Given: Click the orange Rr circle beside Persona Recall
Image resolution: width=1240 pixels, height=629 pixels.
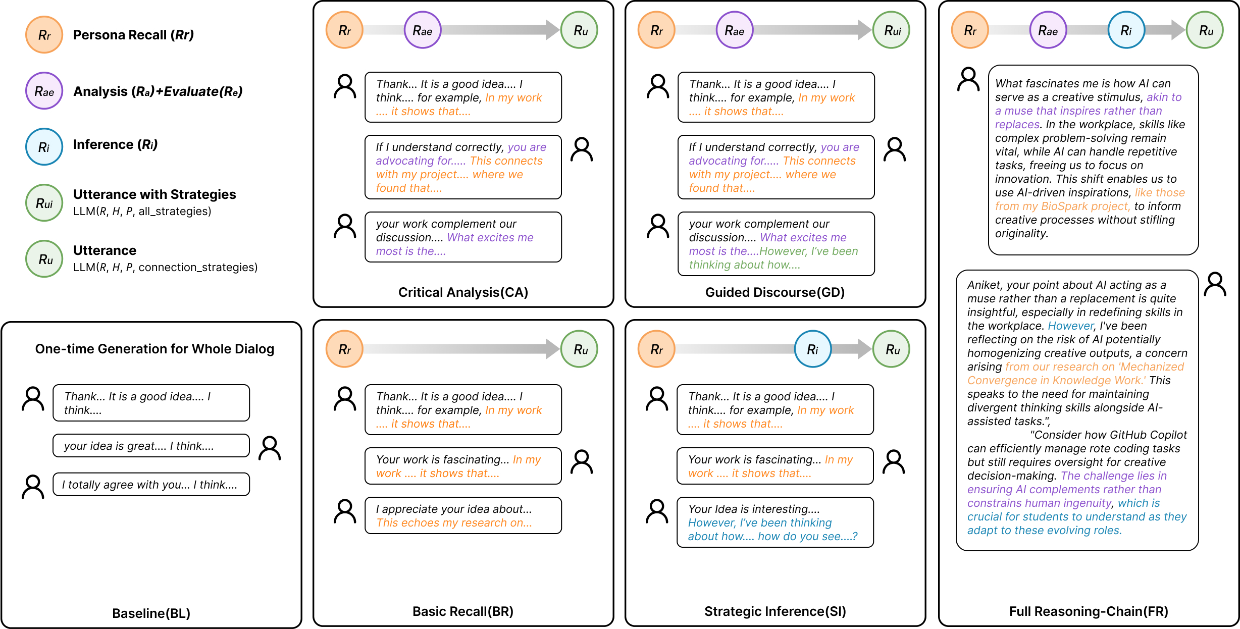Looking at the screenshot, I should [x=44, y=35].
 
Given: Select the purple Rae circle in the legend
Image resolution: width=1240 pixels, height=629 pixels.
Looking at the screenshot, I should [x=44, y=91].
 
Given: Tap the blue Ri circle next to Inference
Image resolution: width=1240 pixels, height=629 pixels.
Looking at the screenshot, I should [x=44, y=147].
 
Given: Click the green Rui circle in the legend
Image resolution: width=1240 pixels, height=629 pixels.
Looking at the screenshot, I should [x=44, y=203].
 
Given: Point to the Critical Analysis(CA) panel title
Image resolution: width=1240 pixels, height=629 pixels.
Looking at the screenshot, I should [x=463, y=292].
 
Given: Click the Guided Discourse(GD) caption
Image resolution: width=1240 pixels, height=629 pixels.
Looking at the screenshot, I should [x=775, y=292].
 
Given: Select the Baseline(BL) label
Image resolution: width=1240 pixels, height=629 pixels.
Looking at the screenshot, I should [x=151, y=613].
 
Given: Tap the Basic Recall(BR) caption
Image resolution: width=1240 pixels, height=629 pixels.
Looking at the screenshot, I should [x=463, y=611].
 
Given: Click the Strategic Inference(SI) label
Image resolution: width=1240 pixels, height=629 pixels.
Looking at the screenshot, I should [x=775, y=611].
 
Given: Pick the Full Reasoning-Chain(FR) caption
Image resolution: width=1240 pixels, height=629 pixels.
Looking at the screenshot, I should [x=1089, y=611].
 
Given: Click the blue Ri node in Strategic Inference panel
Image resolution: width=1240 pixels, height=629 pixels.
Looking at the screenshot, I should [x=813, y=349].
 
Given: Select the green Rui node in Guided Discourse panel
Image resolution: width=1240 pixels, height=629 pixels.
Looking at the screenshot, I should [x=892, y=30].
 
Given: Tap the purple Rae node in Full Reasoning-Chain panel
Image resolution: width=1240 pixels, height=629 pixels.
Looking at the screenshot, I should [x=1048, y=30].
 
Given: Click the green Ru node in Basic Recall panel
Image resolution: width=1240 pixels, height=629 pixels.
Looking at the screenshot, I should [x=580, y=349].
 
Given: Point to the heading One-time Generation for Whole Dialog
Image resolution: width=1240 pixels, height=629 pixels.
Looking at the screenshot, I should [x=154, y=349].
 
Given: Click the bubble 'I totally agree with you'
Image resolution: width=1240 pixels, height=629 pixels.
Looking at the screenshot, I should [x=151, y=485].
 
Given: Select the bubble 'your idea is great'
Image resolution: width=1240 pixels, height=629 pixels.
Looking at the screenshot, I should [x=151, y=446].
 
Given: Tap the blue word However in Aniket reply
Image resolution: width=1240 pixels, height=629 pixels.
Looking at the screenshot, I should [x=1070, y=326].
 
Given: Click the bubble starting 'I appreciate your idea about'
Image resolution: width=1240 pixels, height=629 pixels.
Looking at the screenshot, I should [x=463, y=515].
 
